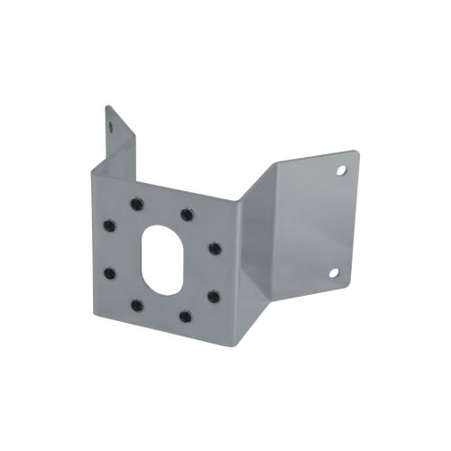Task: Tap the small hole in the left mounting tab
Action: click(113, 127)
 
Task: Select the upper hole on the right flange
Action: click(342, 169)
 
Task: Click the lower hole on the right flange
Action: click(333, 272)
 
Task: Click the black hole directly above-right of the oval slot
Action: click(186, 215)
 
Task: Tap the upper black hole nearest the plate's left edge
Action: click(109, 225)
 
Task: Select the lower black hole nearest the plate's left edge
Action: click(109, 272)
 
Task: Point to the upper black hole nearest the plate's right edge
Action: click(214, 247)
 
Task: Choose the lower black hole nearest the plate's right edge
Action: click(213, 295)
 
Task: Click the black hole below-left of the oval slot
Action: click(135, 306)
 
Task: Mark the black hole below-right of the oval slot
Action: click(185, 316)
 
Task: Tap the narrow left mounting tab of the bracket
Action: click(117, 144)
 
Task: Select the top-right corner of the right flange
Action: click(354, 150)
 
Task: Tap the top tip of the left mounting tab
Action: click(106, 106)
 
